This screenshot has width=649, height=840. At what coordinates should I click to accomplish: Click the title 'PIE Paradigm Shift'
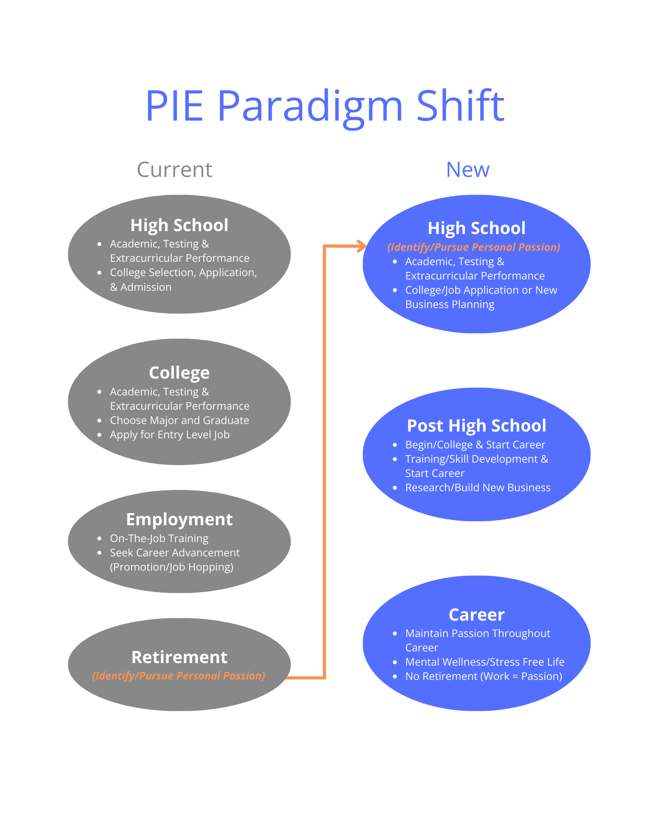(x=324, y=106)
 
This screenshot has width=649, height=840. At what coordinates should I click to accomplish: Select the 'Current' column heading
(x=174, y=170)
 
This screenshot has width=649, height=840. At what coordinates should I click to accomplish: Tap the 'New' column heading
(x=468, y=170)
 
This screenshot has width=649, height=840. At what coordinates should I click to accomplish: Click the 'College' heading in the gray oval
(x=179, y=373)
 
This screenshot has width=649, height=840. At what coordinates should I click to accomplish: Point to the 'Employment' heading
(x=179, y=519)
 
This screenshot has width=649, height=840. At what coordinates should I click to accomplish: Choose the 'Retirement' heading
(x=179, y=657)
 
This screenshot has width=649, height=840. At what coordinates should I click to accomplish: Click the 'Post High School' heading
(x=476, y=426)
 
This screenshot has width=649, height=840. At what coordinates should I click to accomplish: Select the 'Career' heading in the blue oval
(x=476, y=615)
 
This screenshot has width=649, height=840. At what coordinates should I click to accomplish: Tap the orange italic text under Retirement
(x=179, y=676)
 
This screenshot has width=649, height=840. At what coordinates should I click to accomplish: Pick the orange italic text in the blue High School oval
(x=474, y=247)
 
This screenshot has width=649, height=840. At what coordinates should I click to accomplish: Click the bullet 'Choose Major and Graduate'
(x=179, y=420)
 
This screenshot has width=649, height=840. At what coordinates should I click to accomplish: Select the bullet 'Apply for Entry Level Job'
(x=170, y=434)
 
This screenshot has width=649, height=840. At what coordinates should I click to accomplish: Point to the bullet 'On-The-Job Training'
(x=159, y=538)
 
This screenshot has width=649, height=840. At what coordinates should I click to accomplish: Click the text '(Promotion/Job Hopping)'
(x=171, y=567)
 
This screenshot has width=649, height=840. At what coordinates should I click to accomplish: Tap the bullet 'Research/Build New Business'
(x=478, y=487)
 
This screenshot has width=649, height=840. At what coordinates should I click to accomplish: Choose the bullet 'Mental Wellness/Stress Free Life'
(x=485, y=662)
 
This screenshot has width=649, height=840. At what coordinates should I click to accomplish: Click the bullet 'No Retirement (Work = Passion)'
(x=483, y=676)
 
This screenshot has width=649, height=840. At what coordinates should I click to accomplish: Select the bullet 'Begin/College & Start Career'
(x=475, y=445)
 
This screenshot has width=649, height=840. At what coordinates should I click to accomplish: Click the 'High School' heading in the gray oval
(x=179, y=225)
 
